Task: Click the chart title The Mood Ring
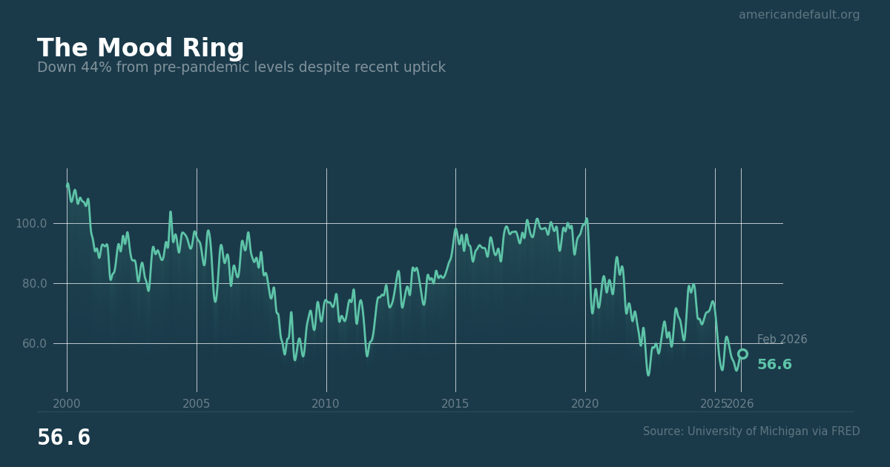point(140,49)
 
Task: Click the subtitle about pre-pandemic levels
point(241,68)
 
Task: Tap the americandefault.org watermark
point(799,15)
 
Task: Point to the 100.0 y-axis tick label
point(31,224)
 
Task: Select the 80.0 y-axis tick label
point(31,284)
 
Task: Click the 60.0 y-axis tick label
point(31,344)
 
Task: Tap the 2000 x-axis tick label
point(67,404)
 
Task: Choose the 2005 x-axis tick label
point(197,404)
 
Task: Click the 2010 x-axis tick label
point(326,404)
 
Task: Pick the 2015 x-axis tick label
point(455,404)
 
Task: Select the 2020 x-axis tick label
point(585,404)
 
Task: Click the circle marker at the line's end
point(742,354)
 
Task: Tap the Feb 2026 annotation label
point(782,340)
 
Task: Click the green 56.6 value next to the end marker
point(774,365)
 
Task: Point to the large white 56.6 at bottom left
point(64,438)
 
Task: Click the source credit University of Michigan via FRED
point(751,431)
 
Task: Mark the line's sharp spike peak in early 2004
point(170,212)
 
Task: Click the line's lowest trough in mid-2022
point(648,374)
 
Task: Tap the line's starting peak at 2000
point(67,185)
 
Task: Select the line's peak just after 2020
point(587,219)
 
